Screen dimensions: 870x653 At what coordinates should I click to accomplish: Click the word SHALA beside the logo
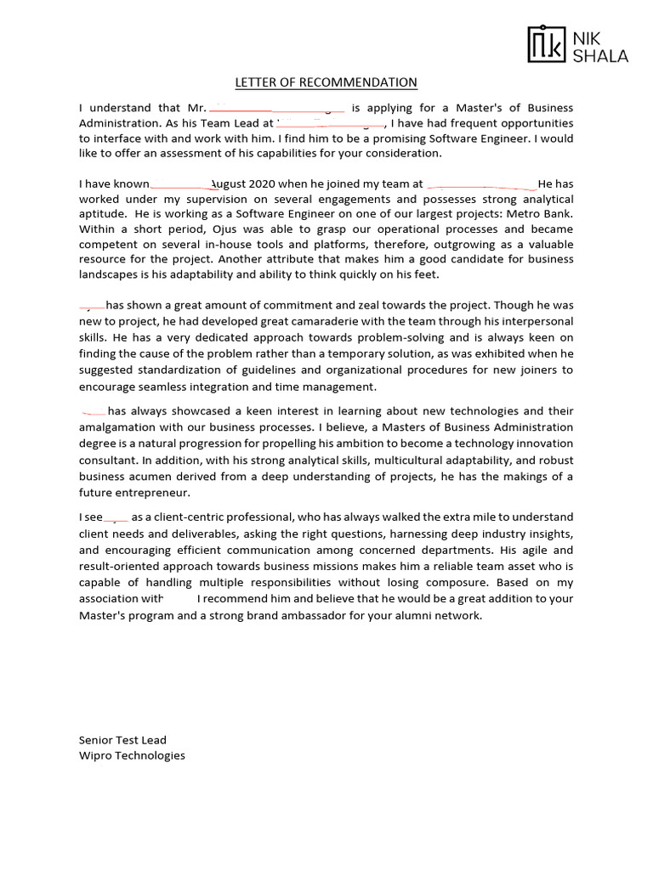(599, 57)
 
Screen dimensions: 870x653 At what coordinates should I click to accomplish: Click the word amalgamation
(118, 427)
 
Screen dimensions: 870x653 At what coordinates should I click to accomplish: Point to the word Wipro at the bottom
(95, 755)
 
